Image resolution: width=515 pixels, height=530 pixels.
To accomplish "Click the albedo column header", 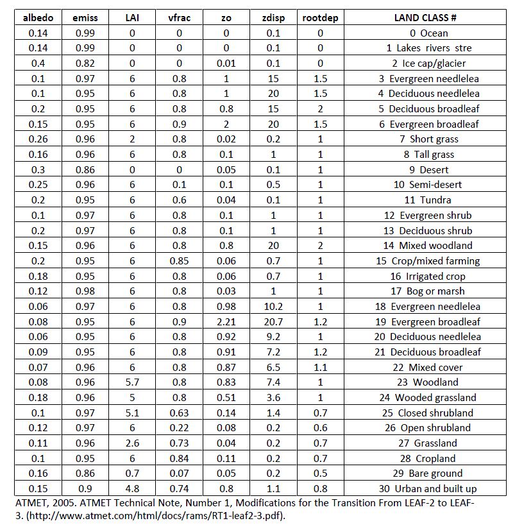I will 38,17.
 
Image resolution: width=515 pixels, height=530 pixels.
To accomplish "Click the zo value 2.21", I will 226,321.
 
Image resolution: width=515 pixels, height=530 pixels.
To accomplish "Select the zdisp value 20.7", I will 273,321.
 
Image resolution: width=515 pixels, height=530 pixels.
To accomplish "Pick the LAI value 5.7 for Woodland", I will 132,382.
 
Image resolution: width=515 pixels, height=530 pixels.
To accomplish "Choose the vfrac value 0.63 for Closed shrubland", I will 179,413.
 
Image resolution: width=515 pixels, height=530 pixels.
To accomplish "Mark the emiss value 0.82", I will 85,63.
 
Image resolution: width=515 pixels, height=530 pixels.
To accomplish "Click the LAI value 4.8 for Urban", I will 132,488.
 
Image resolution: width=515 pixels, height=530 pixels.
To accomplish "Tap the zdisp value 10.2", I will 273,306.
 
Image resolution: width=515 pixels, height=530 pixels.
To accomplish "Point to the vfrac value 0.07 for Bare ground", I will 179,473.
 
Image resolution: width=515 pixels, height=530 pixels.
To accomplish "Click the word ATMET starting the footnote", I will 30,502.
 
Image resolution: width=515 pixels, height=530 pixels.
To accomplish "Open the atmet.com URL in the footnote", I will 128,515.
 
